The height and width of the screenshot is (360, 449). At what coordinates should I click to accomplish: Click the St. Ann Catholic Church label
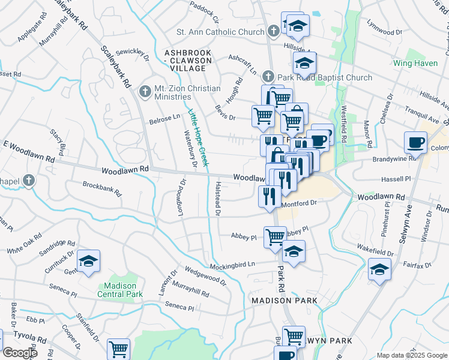point(220,32)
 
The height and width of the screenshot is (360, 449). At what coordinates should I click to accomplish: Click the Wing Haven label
point(414,62)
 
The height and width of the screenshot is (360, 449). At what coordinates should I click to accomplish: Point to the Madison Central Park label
point(120,290)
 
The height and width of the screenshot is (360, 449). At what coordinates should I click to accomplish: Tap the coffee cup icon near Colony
point(415,143)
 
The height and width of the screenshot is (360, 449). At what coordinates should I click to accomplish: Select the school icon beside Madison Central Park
point(88,260)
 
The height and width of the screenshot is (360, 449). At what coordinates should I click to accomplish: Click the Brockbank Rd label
point(102,190)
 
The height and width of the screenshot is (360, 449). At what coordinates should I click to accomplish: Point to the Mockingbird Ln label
point(232,265)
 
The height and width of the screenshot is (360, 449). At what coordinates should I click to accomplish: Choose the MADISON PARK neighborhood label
point(284,300)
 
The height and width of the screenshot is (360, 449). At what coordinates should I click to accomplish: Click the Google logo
point(19,352)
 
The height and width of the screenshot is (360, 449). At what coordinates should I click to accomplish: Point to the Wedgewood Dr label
point(206,275)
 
